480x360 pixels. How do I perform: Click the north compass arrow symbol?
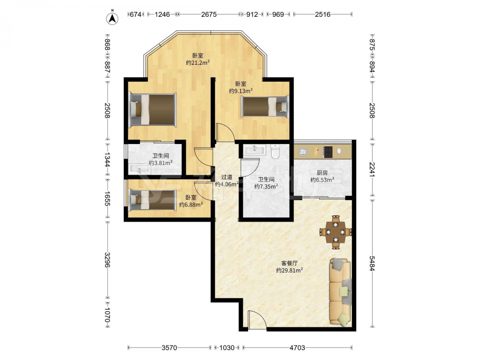(x=112, y=18)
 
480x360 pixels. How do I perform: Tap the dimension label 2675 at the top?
(x=209, y=14)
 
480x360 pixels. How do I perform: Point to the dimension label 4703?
(x=297, y=348)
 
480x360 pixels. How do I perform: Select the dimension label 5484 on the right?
(x=372, y=263)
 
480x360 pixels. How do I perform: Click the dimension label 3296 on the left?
(x=108, y=260)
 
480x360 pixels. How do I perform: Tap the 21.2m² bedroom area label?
(x=198, y=63)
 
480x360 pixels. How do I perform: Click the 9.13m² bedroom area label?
(x=240, y=91)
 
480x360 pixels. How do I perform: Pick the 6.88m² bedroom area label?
(x=191, y=205)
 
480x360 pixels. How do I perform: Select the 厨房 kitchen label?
(x=322, y=173)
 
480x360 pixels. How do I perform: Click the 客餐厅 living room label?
(x=289, y=263)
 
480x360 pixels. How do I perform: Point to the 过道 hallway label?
(x=227, y=177)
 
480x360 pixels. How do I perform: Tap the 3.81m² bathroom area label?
(x=161, y=163)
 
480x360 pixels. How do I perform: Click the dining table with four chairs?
(x=336, y=232)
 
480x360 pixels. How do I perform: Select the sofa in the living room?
(x=340, y=291)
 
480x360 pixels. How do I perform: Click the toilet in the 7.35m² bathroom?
(x=276, y=151)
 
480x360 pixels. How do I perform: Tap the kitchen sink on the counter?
(x=303, y=152)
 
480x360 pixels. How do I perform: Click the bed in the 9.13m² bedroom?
(x=265, y=107)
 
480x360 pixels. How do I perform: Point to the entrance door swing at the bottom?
(x=257, y=320)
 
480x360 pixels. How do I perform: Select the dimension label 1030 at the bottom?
(x=227, y=348)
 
